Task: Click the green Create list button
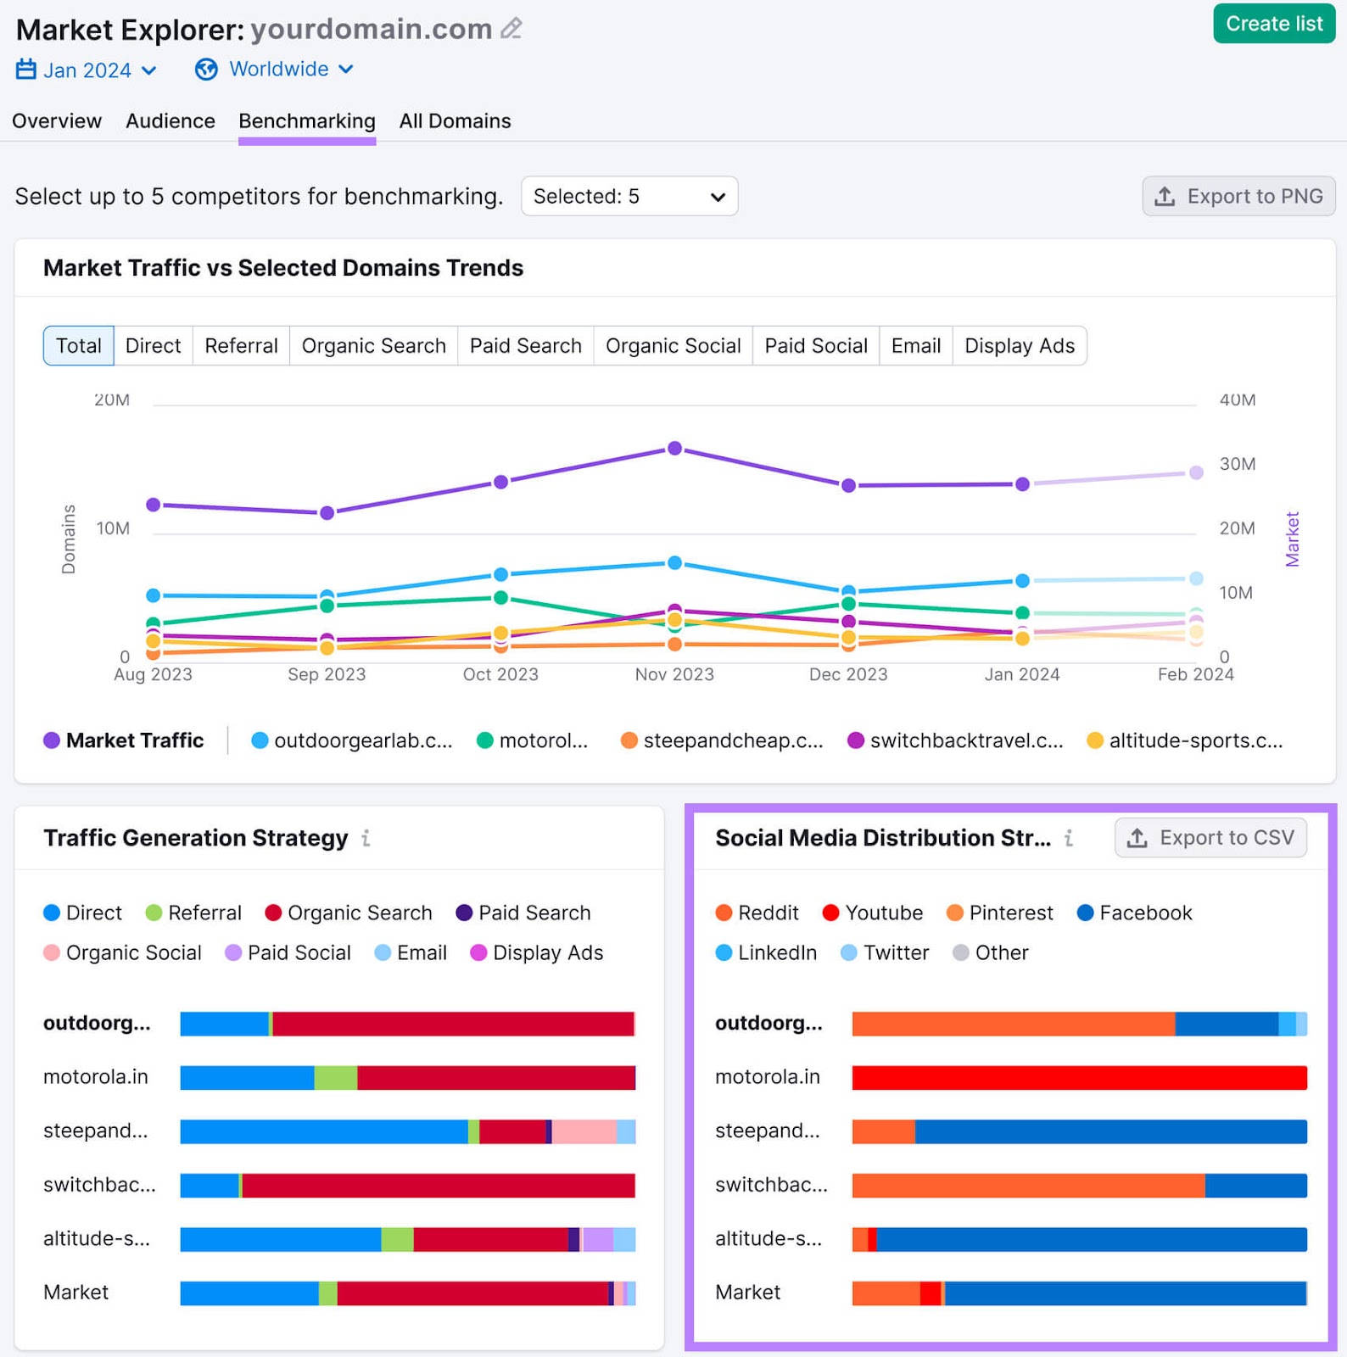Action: point(1273,24)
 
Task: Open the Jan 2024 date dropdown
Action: point(87,70)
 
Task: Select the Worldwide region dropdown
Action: point(274,69)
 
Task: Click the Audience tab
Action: point(170,121)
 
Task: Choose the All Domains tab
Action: point(455,121)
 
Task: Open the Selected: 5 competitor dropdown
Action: point(629,196)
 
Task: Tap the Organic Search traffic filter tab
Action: point(373,346)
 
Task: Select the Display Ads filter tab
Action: point(1019,346)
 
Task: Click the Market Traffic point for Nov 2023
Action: point(674,448)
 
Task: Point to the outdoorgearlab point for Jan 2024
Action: point(1022,581)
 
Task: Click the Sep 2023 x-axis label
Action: point(327,674)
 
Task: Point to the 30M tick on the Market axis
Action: point(1237,464)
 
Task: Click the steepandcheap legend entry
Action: point(722,740)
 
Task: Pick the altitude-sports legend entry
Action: point(1185,740)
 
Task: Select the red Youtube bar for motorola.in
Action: point(1079,1077)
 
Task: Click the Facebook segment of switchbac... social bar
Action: point(1255,1185)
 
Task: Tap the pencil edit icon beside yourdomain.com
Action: point(511,29)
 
